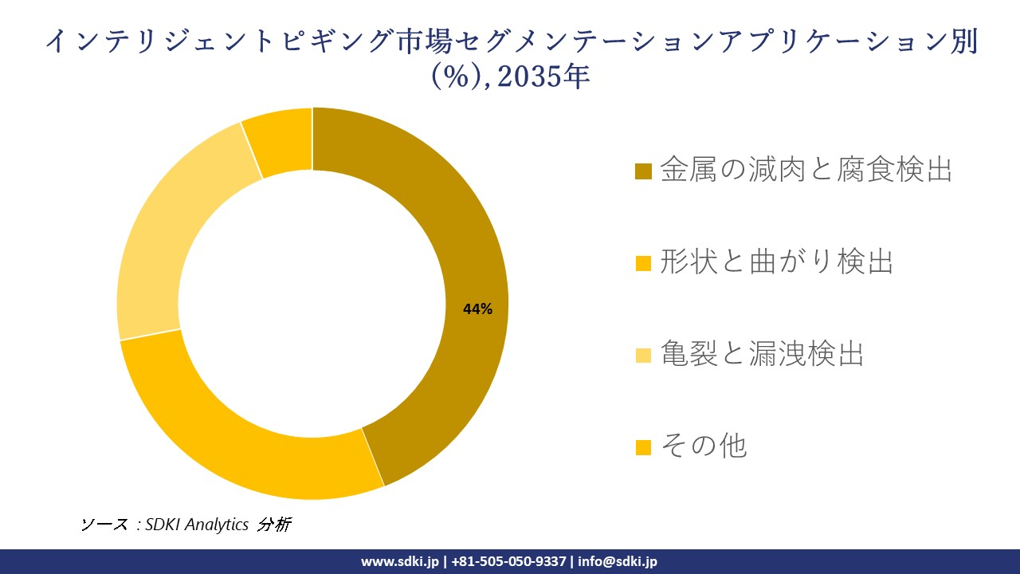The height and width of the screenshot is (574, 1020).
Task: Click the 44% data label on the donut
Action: pyautogui.click(x=477, y=309)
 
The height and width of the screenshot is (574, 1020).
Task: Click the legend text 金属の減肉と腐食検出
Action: pyautogui.click(x=806, y=170)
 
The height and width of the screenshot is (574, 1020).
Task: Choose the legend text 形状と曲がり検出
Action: pyautogui.click(x=776, y=261)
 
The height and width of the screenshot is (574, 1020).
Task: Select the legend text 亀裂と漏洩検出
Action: pyautogui.click(x=762, y=353)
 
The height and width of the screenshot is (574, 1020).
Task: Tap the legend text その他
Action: pyautogui.click(x=704, y=445)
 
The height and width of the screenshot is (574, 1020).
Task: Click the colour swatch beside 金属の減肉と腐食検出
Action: pyautogui.click(x=644, y=171)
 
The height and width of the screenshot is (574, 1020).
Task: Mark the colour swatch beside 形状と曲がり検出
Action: pyautogui.click(x=644, y=263)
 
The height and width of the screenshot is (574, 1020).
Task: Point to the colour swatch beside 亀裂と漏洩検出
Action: pyautogui.click(x=644, y=355)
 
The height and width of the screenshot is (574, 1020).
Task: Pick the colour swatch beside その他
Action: pyautogui.click(x=644, y=447)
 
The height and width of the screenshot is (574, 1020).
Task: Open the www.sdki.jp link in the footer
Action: pyautogui.click(x=399, y=561)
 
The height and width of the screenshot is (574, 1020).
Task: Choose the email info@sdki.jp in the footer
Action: pyautogui.click(x=618, y=561)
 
